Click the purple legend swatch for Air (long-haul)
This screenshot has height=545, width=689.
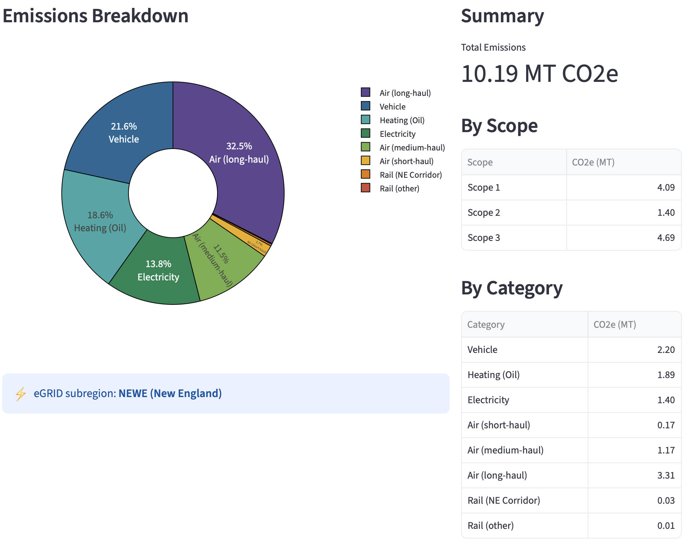click(365, 92)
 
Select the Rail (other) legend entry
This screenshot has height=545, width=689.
click(399, 188)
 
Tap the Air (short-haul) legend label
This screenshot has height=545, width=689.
click(407, 161)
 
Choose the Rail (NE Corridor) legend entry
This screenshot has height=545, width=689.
click(411, 175)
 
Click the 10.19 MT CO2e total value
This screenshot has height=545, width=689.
click(539, 74)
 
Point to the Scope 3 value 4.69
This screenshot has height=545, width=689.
click(666, 238)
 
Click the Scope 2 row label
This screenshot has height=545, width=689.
click(483, 213)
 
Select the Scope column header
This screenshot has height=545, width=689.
click(480, 162)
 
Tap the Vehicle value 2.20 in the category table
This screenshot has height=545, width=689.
click(666, 350)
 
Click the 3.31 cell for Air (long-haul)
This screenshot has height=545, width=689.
click(666, 475)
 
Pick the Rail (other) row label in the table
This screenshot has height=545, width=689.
click(491, 526)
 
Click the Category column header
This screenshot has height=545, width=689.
click(486, 325)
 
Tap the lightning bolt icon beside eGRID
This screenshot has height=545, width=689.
click(21, 394)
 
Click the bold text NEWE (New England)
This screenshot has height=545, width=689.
click(170, 393)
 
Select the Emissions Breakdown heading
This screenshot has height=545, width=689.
click(95, 16)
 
